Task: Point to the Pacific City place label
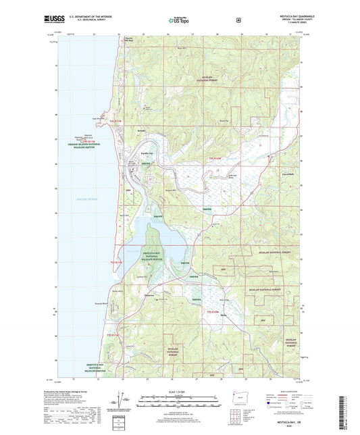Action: coord(147,153)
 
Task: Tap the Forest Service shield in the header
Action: coord(238,20)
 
